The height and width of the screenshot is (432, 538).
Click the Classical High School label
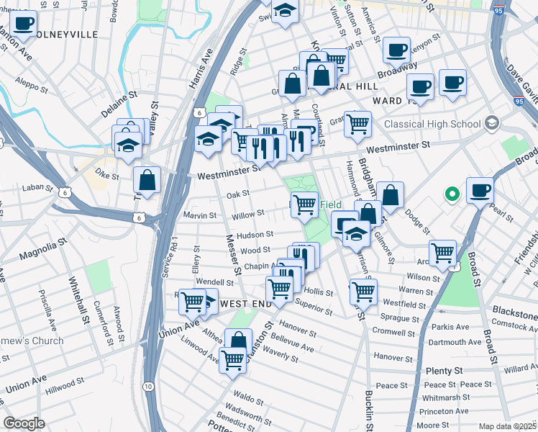point(432,124)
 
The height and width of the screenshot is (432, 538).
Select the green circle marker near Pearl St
point(452,193)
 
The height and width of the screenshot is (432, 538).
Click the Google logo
point(24,423)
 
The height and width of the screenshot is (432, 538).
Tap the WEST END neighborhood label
point(247,304)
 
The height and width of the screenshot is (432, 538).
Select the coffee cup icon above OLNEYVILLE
point(23,23)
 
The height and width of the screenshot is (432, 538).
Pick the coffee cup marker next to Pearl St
point(480,191)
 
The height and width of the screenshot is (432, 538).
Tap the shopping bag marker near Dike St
point(147,179)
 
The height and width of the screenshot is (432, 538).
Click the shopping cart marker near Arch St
point(442,253)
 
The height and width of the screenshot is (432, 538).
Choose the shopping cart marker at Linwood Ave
point(232,359)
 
